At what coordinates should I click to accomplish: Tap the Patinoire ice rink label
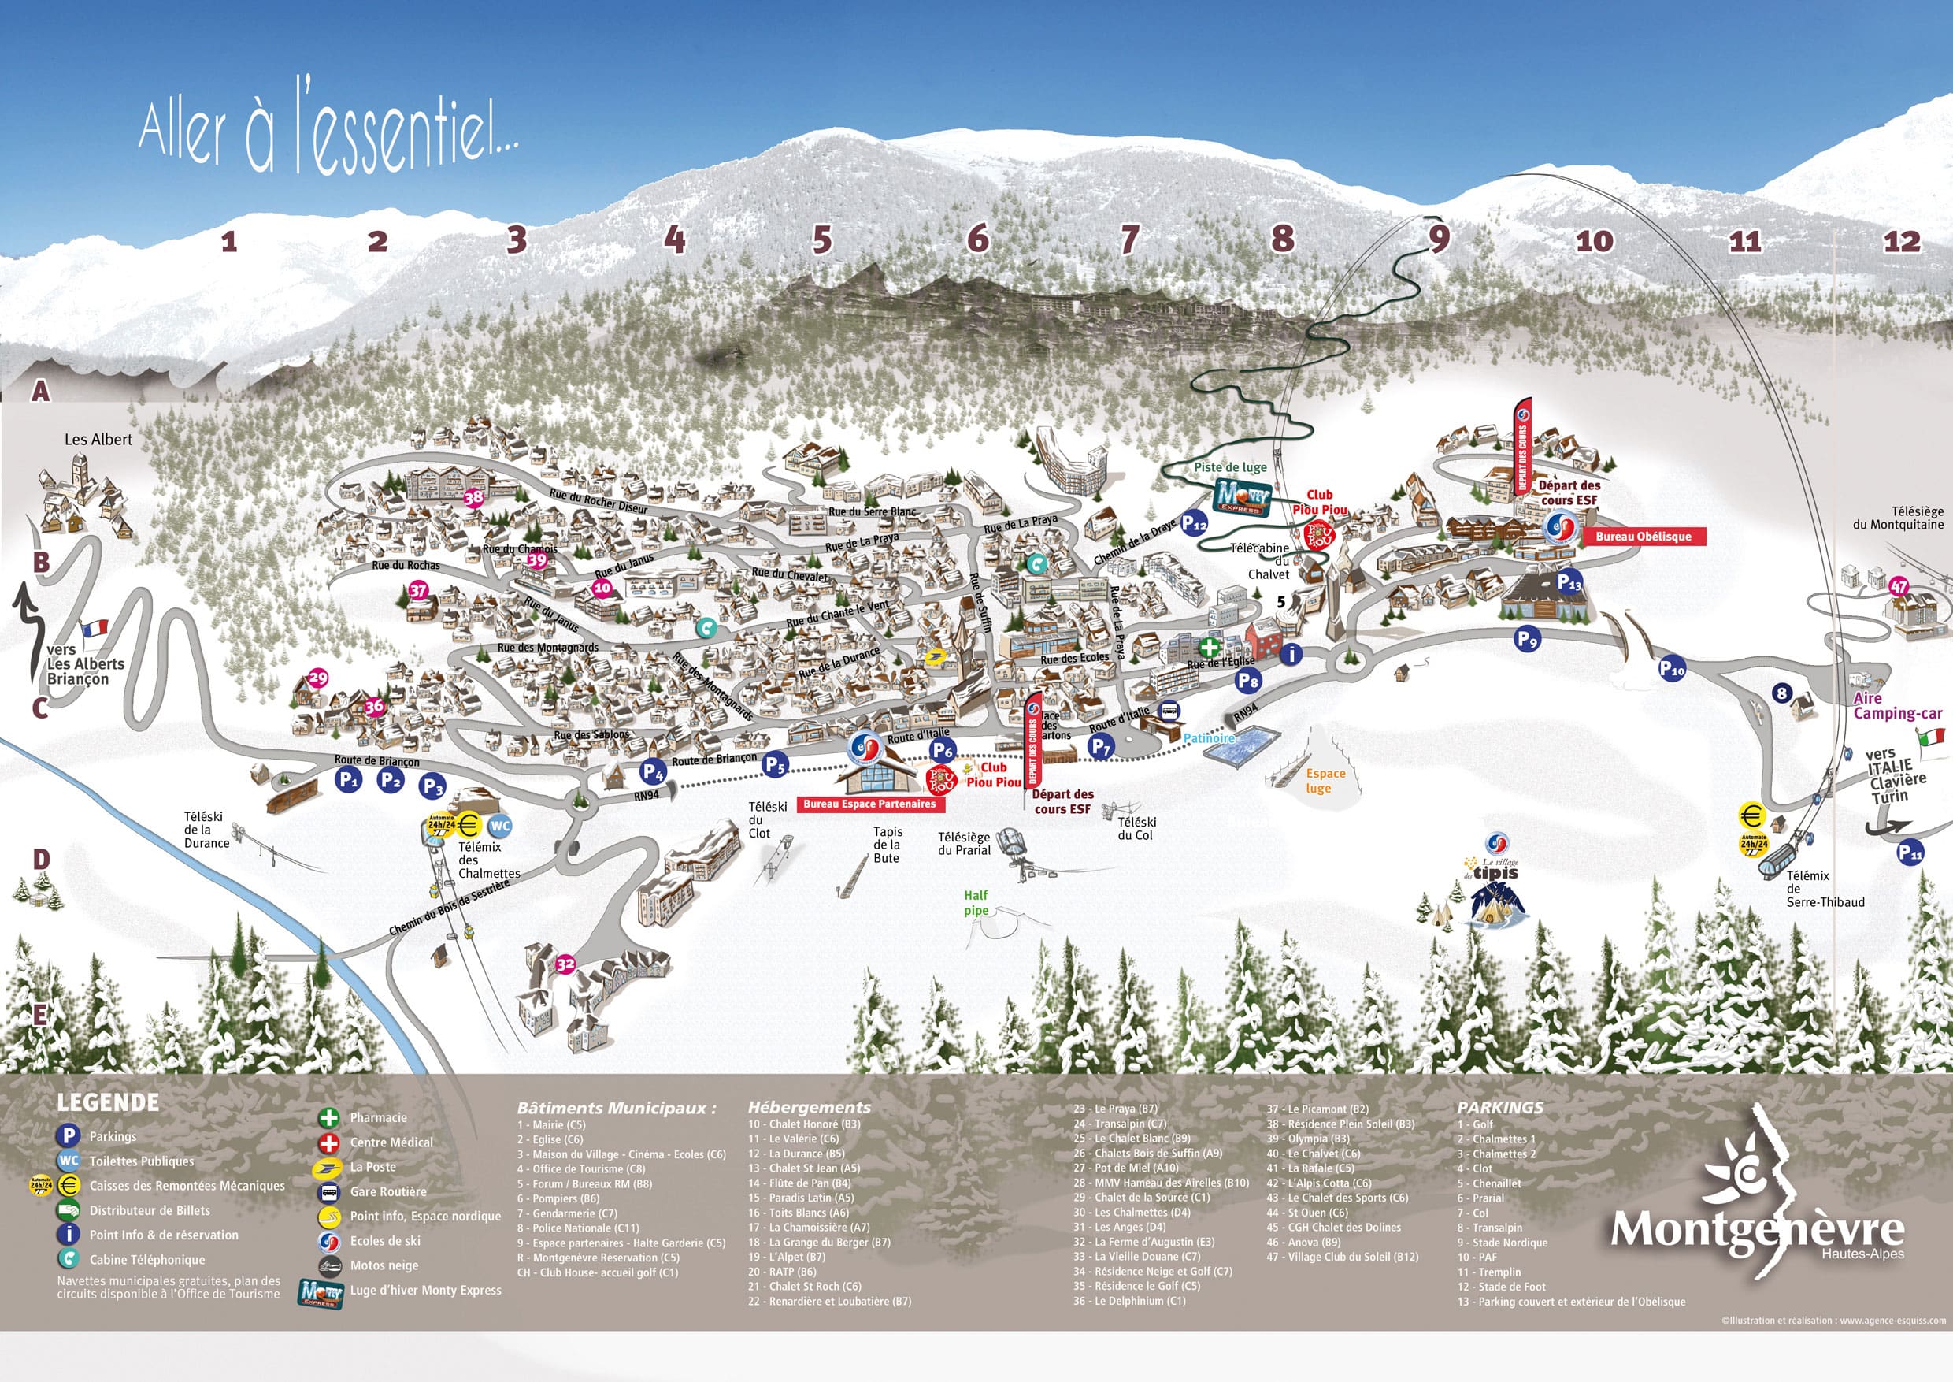[1209, 738]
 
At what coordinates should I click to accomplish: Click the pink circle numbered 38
[474, 498]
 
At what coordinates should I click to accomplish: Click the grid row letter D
[41, 860]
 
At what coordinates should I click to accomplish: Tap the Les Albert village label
[98, 440]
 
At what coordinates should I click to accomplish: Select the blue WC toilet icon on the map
[500, 826]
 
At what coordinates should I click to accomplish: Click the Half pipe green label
[976, 902]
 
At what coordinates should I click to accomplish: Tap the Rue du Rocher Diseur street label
[598, 501]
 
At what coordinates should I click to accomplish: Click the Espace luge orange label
[1325, 780]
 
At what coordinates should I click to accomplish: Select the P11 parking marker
[1910, 852]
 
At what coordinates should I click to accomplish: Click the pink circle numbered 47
[1899, 586]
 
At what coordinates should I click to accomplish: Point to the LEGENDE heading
[108, 1103]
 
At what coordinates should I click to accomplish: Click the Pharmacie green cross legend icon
[328, 1118]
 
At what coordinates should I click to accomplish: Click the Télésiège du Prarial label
[964, 843]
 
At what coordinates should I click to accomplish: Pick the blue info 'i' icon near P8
[1291, 653]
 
